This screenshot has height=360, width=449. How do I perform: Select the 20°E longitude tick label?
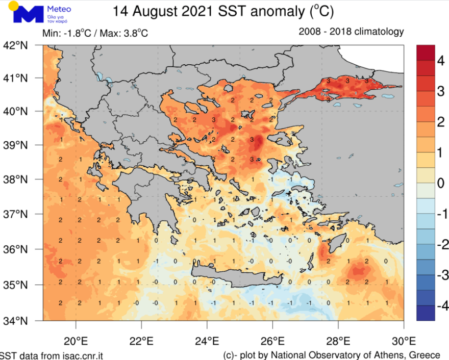tap(76, 340)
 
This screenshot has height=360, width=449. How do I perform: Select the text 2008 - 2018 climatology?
tap(351, 32)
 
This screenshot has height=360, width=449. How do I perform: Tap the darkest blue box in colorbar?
tap(426, 313)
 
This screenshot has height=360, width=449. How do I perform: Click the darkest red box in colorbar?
tap(426, 52)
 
